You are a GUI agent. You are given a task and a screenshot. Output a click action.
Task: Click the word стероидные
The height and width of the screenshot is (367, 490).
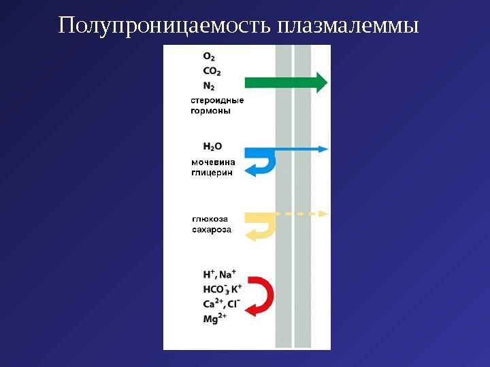pyautogui.click(x=216, y=101)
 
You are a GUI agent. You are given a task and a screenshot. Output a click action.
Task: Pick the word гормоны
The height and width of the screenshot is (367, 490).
pyautogui.click(x=210, y=111)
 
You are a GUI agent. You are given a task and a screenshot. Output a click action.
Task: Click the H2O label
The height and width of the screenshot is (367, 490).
pyautogui.click(x=213, y=145)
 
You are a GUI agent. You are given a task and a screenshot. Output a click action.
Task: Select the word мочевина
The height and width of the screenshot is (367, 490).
pyautogui.click(x=213, y=162)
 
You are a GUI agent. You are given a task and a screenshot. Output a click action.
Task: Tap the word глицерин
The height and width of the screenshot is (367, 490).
pyautogui.click(x=211, y=173)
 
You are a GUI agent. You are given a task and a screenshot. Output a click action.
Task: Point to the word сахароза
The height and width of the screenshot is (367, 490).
pyautogui.click(x=212, y=229)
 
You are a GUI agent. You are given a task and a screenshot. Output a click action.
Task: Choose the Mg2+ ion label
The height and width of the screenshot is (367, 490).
pyautogui.click(x=215, y=318)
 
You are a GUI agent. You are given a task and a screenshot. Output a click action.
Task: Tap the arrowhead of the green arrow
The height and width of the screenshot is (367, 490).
pyautogui.click(x=321, y=82)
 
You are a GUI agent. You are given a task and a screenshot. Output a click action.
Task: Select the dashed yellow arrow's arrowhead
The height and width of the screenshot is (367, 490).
pyautogui.click(x=323, y=213)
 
